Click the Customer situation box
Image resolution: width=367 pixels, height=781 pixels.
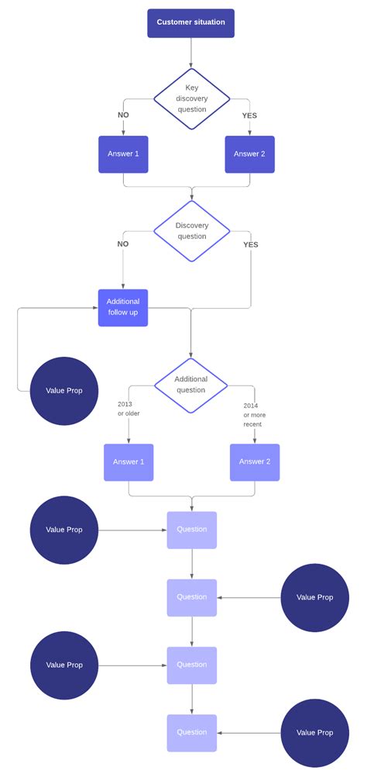(x=190, y=22)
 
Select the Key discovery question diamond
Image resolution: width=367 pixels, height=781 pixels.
(x=191, y=98)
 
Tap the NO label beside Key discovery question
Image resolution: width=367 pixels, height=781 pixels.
(x=123, y=116)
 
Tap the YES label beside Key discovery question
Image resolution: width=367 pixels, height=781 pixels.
(x=249, y=116)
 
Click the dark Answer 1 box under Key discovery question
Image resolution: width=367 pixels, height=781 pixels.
(x=123, y=154)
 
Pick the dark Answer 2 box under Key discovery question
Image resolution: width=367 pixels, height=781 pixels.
(x=249, y=154)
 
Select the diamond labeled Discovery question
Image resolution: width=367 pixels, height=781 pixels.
(x=191, y=230)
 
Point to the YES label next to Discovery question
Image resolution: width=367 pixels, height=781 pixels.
(x=251, y=244)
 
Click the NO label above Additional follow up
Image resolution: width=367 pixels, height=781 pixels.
(x=123, y=244)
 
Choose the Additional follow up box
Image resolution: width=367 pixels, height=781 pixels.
(x=123, y=307)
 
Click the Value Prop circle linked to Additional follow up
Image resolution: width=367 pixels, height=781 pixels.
(x=64, y=391)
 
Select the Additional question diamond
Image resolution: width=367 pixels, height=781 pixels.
(x=191, y=385)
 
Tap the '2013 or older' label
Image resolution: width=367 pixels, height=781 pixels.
(x=129, y=408)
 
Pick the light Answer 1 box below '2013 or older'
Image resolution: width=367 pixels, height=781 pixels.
(x=129, y=461)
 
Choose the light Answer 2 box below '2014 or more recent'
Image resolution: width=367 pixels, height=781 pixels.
(x=255, y=461)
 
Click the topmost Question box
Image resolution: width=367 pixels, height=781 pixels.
(x=192, y=530)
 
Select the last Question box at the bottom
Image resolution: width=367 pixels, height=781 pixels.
(x=192, y=732)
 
